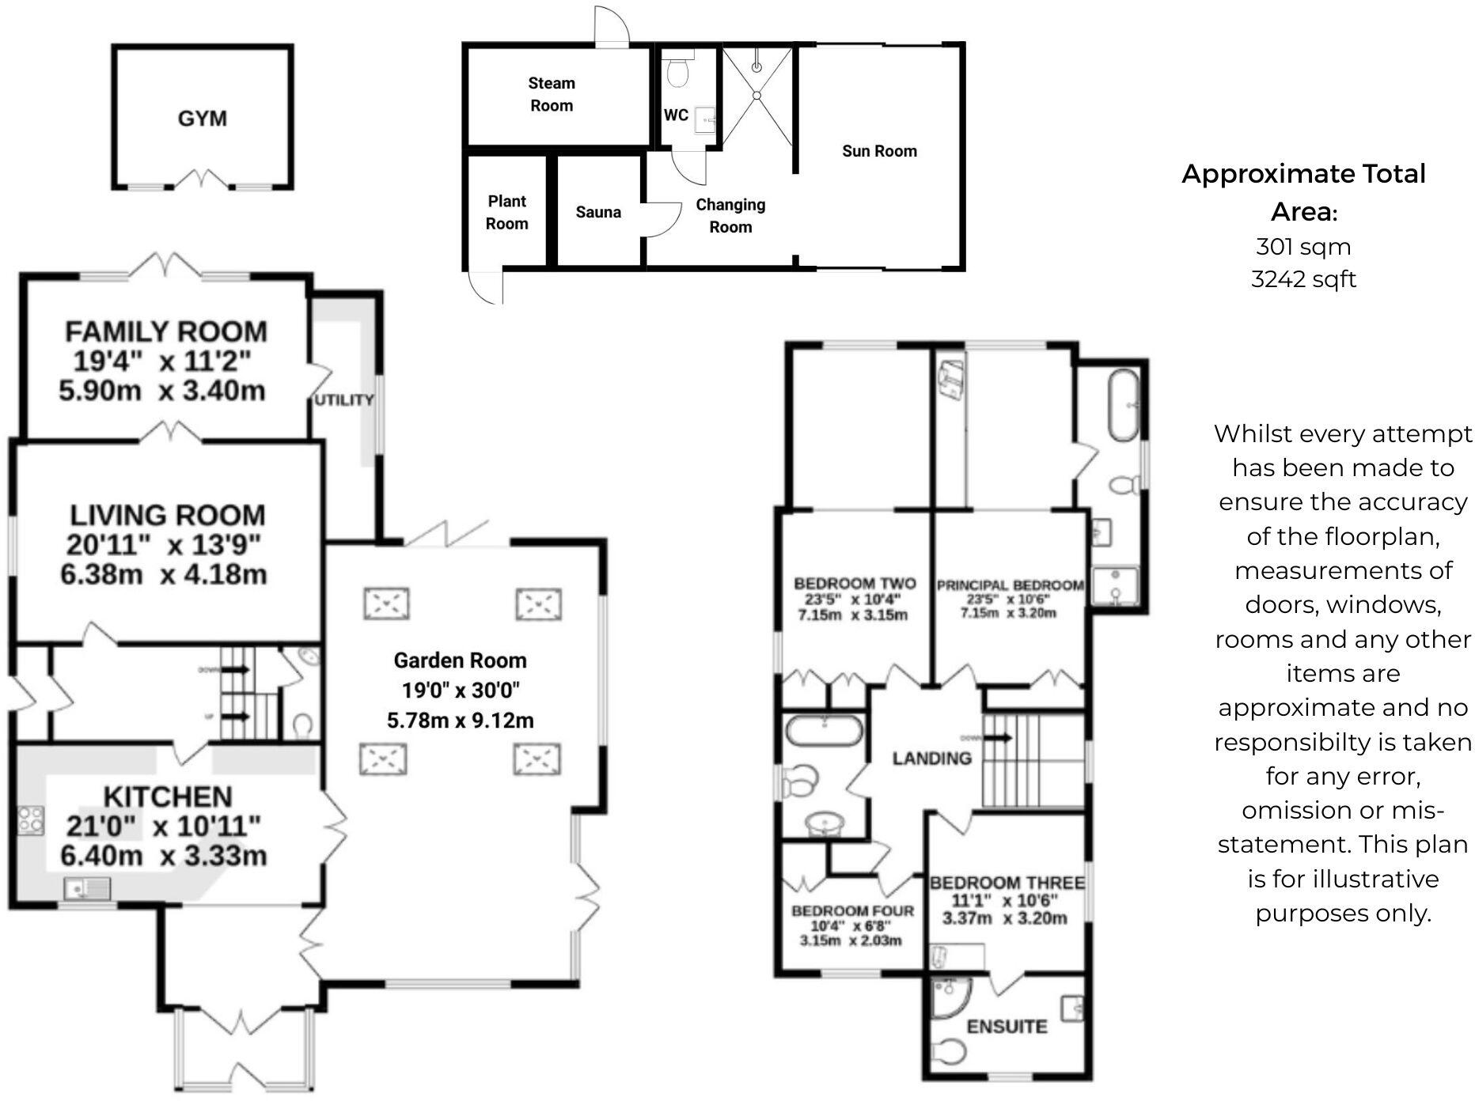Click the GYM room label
click(203, 119)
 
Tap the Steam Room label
click(552, 94)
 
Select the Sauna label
click(598, 212)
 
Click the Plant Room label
click(506, 212)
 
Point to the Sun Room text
click(879, 151)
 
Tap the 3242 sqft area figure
click(1303, 279)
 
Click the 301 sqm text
click(1303, 247)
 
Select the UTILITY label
click(343, 400)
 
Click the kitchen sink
click(88, 889)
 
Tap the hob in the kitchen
click(31, 820)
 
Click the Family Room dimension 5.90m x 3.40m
click(162, 391)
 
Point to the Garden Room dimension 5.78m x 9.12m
click(460, 721)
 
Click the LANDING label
click(931, 759)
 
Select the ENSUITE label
click(1007, 1027)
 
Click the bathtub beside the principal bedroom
click(1124, 405)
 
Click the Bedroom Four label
click(852, 911)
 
